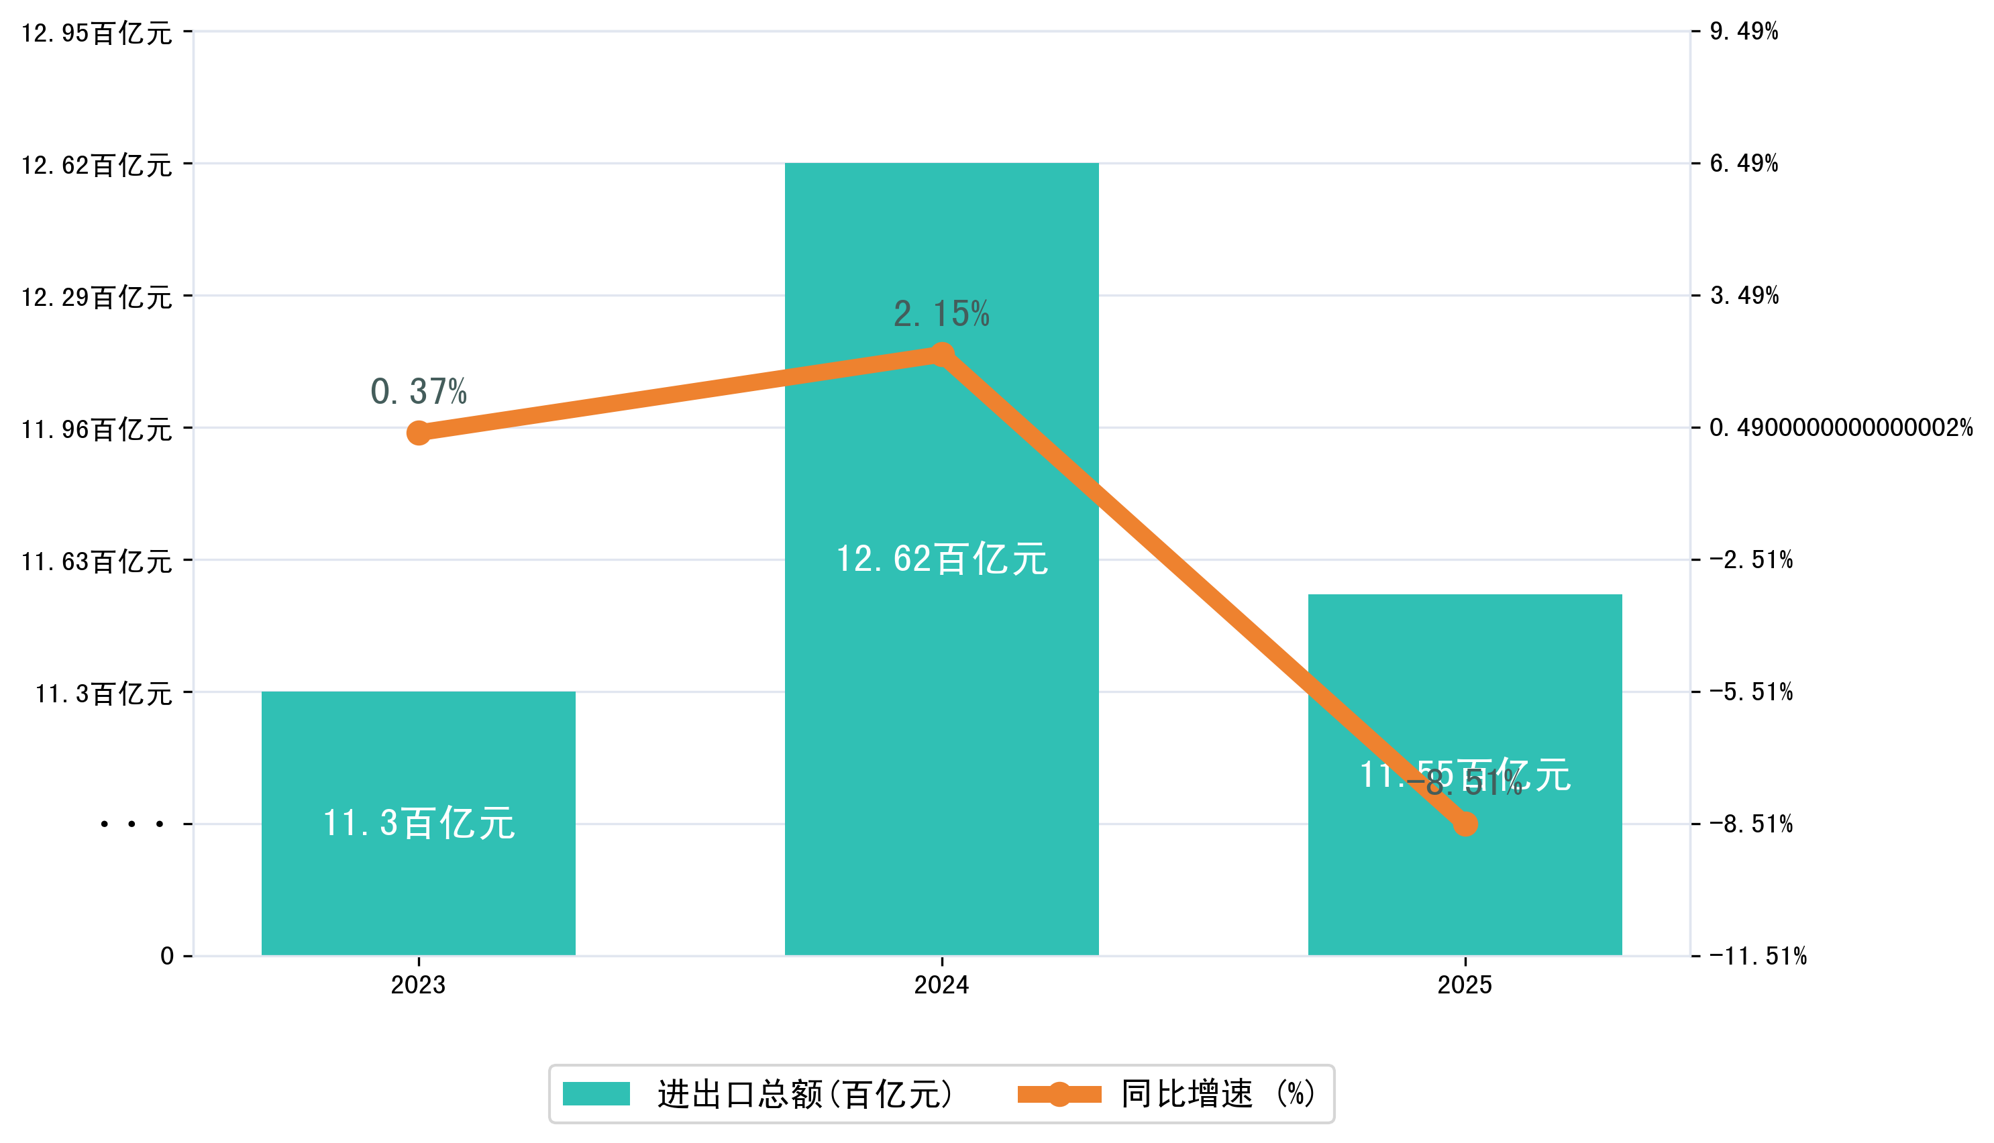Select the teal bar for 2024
pos(941,706)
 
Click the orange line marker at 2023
pos(419,433)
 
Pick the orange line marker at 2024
pos(941,355)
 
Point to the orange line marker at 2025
pos(1465,824)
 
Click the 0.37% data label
pos(419,392)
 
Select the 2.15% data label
pos(941,314)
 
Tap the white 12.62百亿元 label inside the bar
pos(941,559)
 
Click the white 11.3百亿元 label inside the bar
pos(419,824)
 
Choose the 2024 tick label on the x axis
pos(941,985)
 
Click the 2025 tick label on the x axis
pos(1465,985)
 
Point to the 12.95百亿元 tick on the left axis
pos(97,33)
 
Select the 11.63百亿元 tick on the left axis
pos(97,561)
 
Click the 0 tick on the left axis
pos(167,956)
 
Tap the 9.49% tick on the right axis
pos(1744,32)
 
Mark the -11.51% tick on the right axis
pos(1758,956)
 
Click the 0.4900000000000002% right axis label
pos(1841,428)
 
